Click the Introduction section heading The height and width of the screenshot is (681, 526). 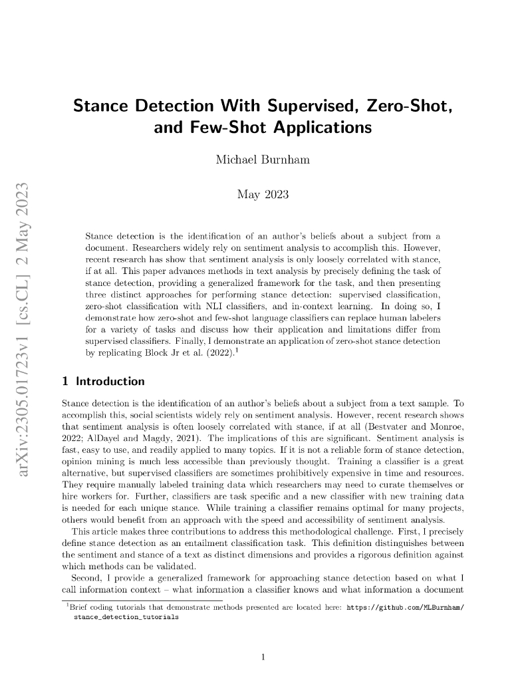point(110,382)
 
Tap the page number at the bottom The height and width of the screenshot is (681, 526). point(263,658)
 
